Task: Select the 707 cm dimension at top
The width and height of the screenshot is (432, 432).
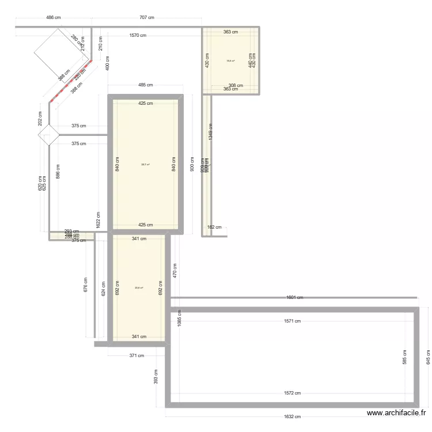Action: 146,18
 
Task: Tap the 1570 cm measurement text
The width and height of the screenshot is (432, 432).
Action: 138,36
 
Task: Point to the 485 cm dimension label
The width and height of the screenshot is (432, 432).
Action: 146,85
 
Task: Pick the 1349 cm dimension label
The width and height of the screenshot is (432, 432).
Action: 211,132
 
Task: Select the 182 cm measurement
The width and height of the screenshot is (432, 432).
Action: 214,228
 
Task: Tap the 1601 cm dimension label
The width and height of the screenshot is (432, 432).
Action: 294,298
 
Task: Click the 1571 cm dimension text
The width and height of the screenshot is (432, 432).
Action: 293,321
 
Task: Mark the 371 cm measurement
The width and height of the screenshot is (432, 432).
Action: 137,355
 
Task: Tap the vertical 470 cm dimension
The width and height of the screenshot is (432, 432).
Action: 175,270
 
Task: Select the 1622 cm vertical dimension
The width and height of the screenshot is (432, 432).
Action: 98,219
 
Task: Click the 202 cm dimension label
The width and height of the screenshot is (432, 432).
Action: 40,118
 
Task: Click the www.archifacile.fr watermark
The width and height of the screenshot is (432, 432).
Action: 397,413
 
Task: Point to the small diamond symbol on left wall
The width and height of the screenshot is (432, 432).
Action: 49,136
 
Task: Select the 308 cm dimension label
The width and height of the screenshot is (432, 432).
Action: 236,85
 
